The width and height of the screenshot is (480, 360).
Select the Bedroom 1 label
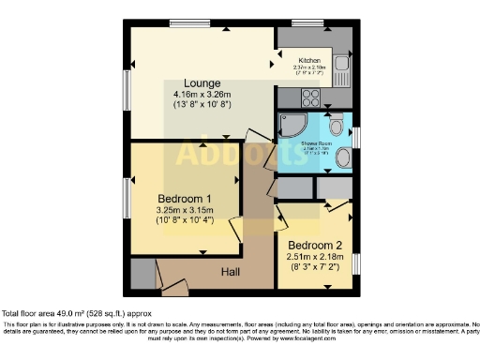click(184, 199)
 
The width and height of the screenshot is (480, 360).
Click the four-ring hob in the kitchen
click(311, 97)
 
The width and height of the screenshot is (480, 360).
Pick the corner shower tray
click(291, 127)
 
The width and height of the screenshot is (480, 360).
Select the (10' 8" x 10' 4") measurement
click(184, 221)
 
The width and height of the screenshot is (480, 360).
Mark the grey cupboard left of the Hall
click(142, 275)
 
